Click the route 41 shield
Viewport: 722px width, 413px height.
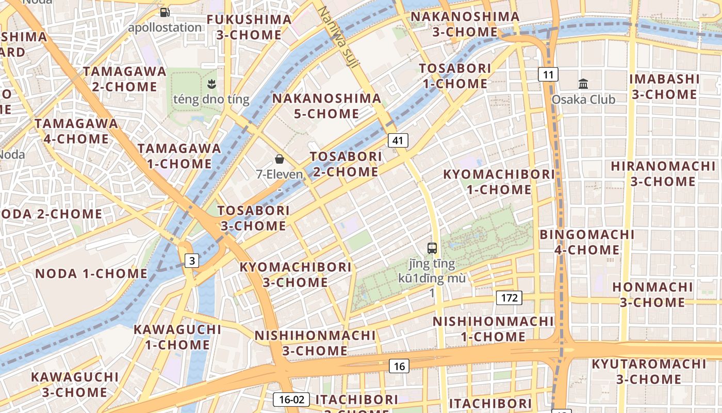(x=398, y=140)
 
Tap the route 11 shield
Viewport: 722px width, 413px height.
(x=548, y=75)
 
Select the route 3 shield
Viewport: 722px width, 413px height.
(x=192, y=261)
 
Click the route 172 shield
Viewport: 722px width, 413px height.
(x=509, y=298)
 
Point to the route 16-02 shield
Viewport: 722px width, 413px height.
(x=291, y=399)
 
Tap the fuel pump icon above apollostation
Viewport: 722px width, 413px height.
(x=165, y=12)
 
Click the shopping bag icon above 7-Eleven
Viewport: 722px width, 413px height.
(x=279, y=158)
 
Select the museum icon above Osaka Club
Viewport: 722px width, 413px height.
(x=583, y=84)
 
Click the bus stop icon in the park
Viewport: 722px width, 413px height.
(x=432, y=248)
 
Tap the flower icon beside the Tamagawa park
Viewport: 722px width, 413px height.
(x=211, y=83)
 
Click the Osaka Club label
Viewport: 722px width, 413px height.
(x=583, y=99)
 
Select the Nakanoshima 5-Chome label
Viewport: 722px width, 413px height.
(x=326, y=106)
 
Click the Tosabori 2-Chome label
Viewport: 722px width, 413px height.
(x=346, y=164)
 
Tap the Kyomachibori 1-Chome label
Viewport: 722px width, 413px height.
(x=499, y=182)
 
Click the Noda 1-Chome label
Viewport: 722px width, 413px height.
(x=91, y=274)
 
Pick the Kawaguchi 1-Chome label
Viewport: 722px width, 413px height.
(x=177, y=337)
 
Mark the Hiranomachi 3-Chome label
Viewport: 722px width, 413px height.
(x=663, y=174)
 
